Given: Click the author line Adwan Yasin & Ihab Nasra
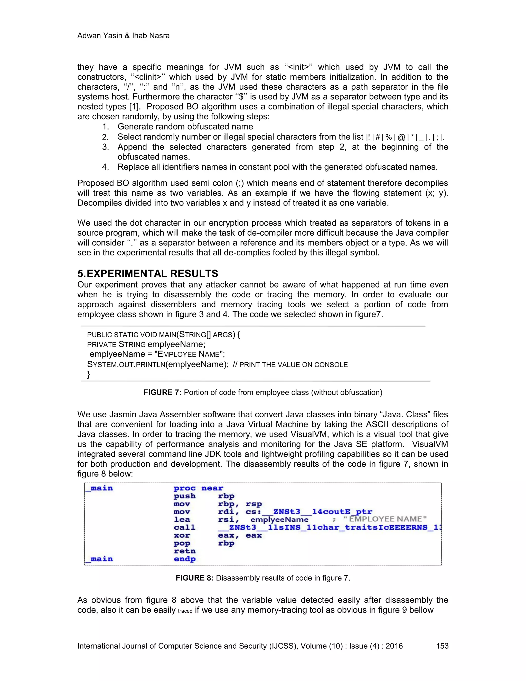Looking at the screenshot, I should click(x=123, y=35).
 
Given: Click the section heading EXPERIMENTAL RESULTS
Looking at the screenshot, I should click(x=152, y=273).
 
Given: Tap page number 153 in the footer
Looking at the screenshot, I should click(x=442, y=646).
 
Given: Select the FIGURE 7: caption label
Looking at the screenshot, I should click(x=162, y=392).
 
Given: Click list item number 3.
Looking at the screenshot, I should click(x=106, y=147).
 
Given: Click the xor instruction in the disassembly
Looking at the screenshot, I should click(x=182, y=535).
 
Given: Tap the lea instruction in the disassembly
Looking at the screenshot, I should click(x=182, y=519).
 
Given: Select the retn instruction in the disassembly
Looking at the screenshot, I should click(x=184, y=551).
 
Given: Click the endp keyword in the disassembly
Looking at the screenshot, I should click(x=184, y=559).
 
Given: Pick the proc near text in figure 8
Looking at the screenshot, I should click(x=198, y=488).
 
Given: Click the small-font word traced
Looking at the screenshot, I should click(x=185, y=611).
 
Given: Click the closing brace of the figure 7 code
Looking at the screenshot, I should click(x=89, y=374).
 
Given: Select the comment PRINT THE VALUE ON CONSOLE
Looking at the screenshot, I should click(x=293, y=365).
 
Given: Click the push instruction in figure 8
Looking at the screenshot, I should click(x=184, y=496).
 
